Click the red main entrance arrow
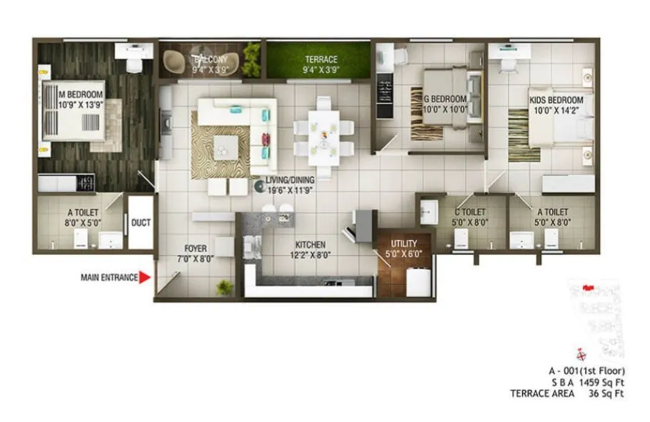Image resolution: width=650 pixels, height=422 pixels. click(145, 278)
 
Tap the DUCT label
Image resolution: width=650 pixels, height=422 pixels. click(141, 223)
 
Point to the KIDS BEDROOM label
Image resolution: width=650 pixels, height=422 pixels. click(556, 100)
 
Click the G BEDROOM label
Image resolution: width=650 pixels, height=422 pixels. click(444, 99)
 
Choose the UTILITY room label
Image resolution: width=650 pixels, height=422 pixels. click(404, 243)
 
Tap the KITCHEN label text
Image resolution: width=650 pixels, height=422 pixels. click(308, 244)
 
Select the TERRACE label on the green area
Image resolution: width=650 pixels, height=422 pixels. click(321, 60)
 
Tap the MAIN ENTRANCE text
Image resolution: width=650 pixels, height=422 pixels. click(109, 278)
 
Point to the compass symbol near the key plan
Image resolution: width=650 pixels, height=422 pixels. click(581, 353)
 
